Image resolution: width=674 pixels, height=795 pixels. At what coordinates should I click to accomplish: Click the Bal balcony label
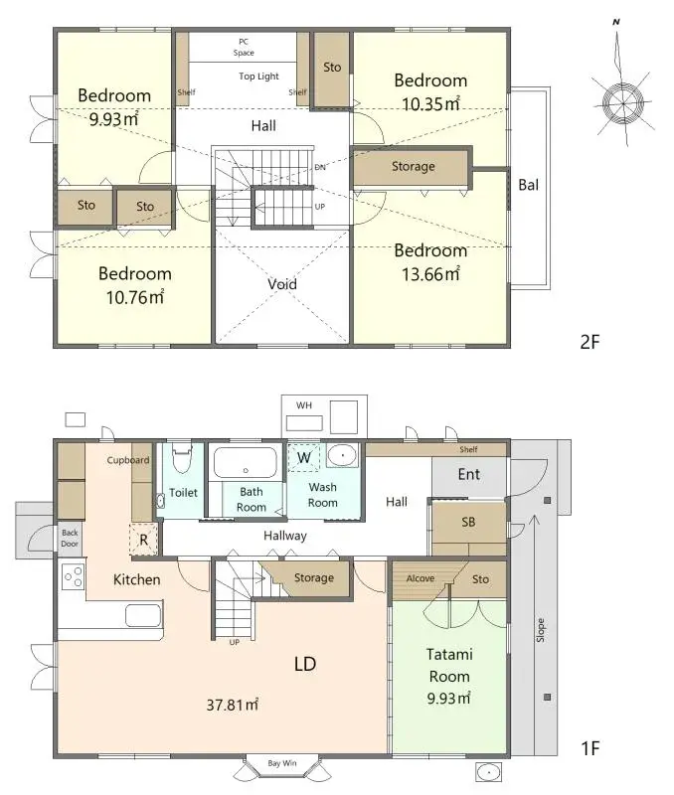(529, 184)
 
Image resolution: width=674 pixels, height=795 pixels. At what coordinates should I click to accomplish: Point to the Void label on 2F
(282, 284)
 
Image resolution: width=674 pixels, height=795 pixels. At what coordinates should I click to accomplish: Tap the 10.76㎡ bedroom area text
(134, 296)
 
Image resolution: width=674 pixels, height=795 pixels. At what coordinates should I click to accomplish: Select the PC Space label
(244, 47)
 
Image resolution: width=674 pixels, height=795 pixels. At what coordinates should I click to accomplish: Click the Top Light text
(258, 76)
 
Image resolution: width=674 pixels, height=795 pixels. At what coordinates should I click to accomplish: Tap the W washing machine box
(304, 456)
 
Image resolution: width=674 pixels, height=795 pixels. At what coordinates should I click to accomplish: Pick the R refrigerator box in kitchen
(144, 539)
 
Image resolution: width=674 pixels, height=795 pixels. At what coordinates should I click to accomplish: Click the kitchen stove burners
(73, 575)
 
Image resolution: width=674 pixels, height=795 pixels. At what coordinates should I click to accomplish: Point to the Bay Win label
(281, 763)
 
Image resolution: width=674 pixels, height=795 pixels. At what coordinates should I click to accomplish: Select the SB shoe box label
(468, 522)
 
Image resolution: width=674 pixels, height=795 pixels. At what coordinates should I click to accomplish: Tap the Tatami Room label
(449, 665)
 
